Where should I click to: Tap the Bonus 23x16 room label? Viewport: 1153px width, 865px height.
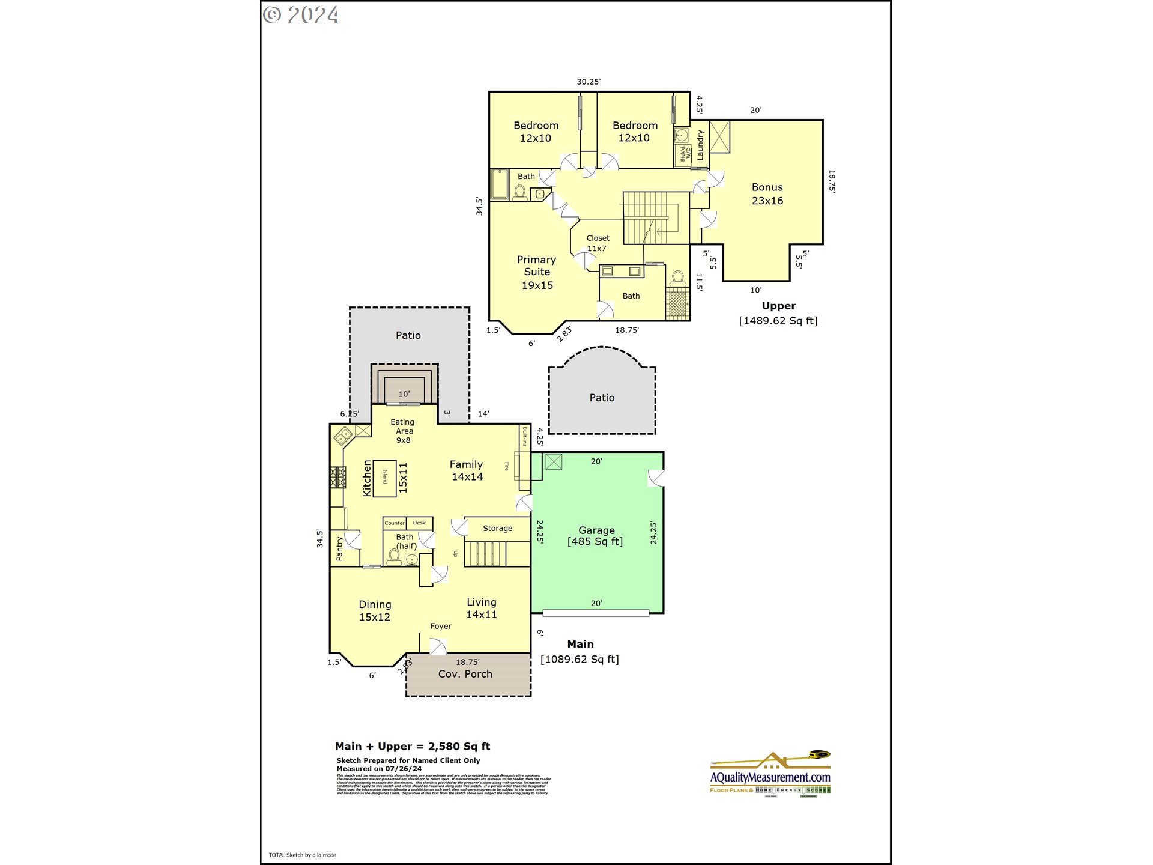(x=767, y=194)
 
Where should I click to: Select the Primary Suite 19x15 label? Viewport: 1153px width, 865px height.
(x=537, y=272)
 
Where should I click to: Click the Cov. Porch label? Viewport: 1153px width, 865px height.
(x=465, y=674)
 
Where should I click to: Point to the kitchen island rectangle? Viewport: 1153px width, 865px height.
(x=384, y=478)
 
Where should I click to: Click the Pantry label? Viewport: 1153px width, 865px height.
(x=339, y=549)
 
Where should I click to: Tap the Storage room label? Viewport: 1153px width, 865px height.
(x=497, y=529)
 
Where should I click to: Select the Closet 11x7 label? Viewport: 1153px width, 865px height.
(x=598, y=243)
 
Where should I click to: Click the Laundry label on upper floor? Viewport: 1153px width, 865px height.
(x=700, y=145)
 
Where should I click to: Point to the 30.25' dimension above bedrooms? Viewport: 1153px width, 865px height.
(x=589, y=82)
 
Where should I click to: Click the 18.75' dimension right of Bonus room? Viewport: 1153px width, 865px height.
(x=832, y=181)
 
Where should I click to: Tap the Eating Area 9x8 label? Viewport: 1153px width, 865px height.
(x=403, y=431)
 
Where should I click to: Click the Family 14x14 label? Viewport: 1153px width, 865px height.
(x=467, y=470)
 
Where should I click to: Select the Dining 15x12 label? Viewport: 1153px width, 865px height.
(x=375, y=610)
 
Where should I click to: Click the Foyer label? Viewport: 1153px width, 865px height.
(x=441, y=626)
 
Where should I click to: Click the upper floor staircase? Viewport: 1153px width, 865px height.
(x=649, y=218)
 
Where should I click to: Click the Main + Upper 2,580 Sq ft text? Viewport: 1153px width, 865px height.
(x=413, y=747)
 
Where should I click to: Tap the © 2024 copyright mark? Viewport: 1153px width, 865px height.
(x=301, y=15)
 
